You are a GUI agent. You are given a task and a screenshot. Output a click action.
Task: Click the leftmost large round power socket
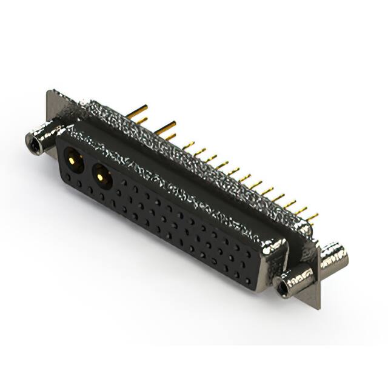pyautogui.click(x=74, y=161)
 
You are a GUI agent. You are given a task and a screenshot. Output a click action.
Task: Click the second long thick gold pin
pyautogui.click(x=165, y=128)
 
